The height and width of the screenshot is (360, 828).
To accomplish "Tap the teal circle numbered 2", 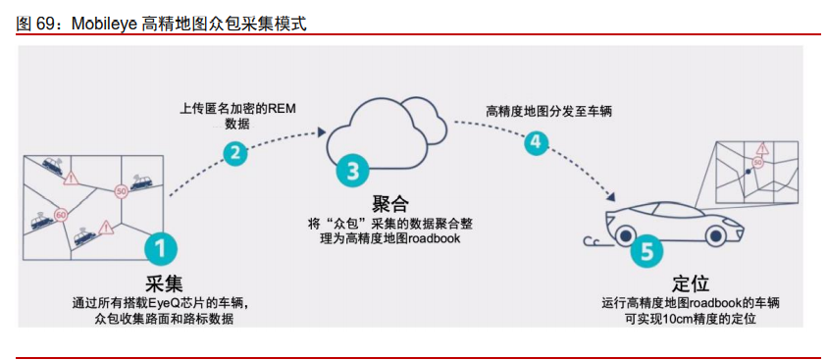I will point(234,152).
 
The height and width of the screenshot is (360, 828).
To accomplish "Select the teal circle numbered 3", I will point(350,170).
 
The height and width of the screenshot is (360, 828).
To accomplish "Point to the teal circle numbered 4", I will point(535,141).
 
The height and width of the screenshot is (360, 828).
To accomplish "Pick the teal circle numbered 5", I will point(645,250).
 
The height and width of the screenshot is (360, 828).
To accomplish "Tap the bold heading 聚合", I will point(389,203).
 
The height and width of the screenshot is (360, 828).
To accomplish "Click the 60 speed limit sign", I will point(61,212).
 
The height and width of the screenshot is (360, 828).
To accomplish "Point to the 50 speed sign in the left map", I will point(121,190).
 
